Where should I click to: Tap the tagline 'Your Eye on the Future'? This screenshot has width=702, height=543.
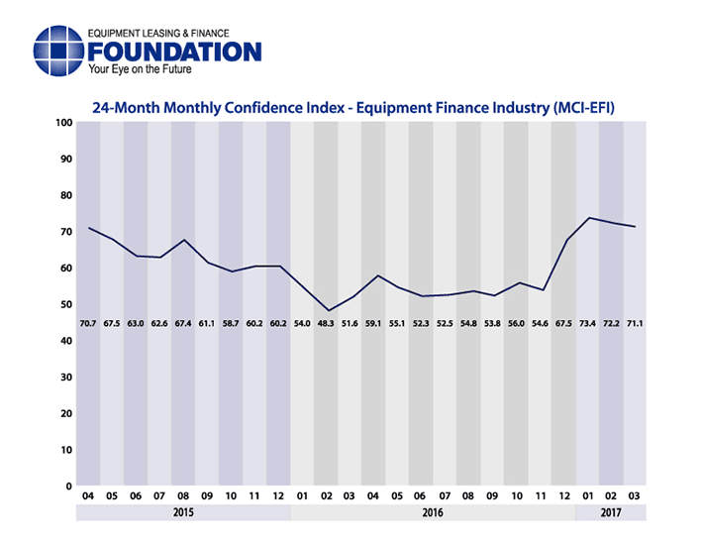[x=140, y=71]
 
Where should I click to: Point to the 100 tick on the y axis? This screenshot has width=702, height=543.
[x=64, y=123]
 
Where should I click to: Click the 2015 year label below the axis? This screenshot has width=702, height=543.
[x=183, y=513]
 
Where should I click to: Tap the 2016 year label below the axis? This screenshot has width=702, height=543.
[x=433, y=513]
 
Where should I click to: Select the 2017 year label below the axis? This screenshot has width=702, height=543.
[x=611, y=513]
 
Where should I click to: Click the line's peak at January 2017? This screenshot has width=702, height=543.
[x=589, y=218]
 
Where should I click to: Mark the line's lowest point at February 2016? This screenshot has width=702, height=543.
[x=328, y=311]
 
